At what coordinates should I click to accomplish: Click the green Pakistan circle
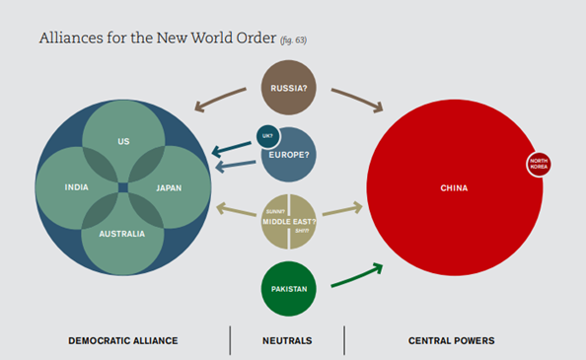(x=289, y=288)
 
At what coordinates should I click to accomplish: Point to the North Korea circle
(x=539, y=164)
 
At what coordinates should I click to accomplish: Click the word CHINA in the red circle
(x=454, y=187)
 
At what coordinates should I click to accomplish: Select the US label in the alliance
(x=123, y=142)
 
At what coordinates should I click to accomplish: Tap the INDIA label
(x=77, y=187)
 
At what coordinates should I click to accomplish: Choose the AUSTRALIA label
(x=123, y=234)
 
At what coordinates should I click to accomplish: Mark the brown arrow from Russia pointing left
(x=222, y=99)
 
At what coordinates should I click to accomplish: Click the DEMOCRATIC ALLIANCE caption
(x=123, y=340)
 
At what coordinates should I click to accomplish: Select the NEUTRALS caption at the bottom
(x=287, y=340)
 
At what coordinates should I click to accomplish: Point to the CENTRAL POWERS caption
(x=452, y=340)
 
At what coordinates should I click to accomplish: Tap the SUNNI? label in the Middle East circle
(x=273, y=212)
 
